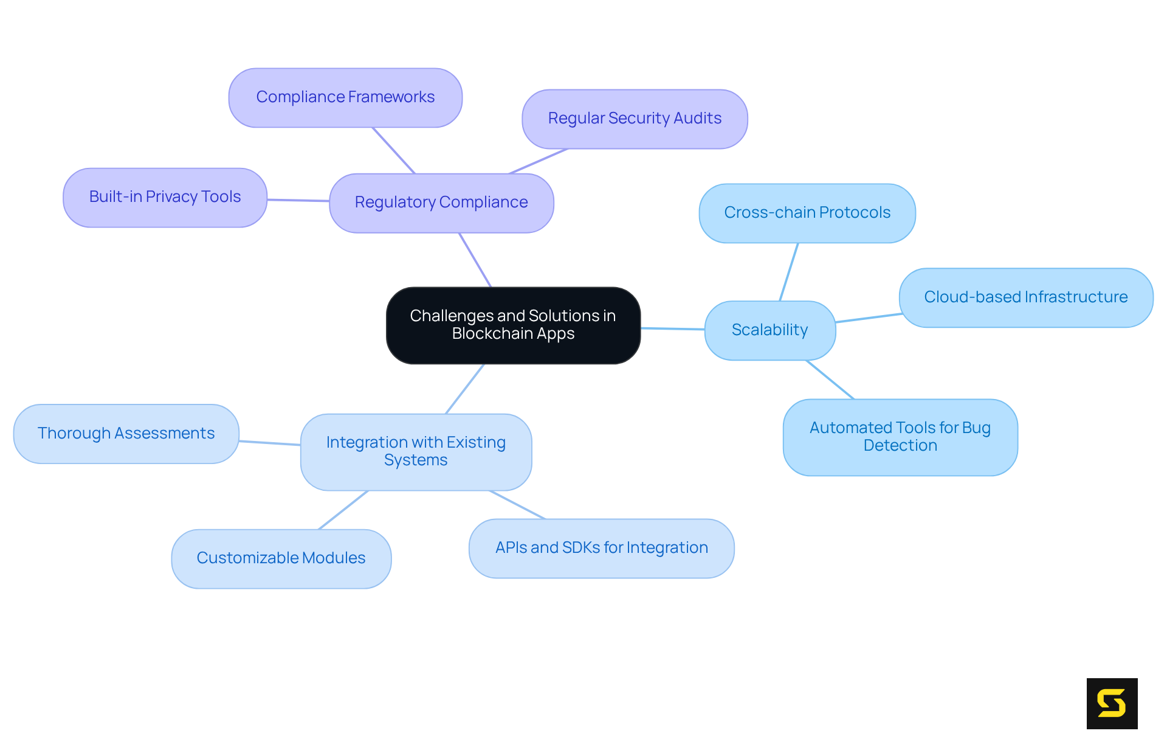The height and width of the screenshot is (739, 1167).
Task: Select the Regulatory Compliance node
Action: coord(441,203)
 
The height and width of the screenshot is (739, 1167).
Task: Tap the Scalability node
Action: coord(769,330)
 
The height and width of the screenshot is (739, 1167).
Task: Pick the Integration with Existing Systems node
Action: coord(416,451)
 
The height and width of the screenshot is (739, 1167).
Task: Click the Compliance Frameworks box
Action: coord(345,97)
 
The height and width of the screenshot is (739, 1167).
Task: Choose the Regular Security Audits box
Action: coord(635,119)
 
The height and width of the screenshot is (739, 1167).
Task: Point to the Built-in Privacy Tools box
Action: coord(165,197)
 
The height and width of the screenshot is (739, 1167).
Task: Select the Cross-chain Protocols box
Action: coord(807,213)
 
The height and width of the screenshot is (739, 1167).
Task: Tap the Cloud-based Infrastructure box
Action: coord(1025,297)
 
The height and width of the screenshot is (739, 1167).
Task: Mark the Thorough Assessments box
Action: coord(126,434)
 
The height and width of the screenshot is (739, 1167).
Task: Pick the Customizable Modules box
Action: coord(281,558)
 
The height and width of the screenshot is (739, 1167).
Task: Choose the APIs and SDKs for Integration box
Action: coord(601,548)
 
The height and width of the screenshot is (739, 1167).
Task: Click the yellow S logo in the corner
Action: coord(1112,703)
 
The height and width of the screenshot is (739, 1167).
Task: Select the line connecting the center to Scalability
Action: coord(673,328)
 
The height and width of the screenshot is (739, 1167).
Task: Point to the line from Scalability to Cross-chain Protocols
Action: coord(789,272)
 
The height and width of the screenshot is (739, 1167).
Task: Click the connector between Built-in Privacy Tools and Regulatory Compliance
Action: coord(298,200)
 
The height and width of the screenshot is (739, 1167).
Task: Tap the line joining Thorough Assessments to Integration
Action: coord(270,443)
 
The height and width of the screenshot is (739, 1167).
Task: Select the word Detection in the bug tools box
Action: coord(900,446)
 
